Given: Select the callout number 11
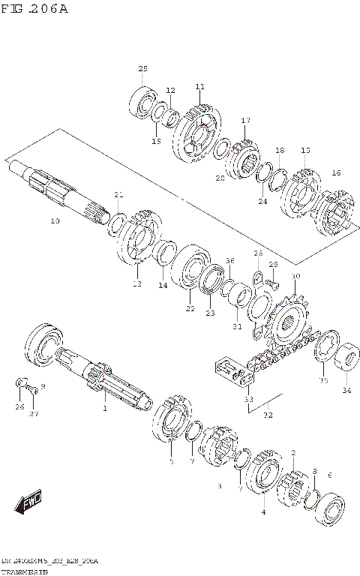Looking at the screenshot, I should [x=199, y=87].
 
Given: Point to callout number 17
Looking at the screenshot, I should [x=245, y=121].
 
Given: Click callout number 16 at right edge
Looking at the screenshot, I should [x=335, y=173].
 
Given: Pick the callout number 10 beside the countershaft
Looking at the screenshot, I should [x=55, y=221].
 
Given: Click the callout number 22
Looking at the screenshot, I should [x=190, y=308].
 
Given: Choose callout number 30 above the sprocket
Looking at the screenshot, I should [x=295, y=277].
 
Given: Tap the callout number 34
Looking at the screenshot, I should [x=346, y=390].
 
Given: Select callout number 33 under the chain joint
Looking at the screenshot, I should [x=248, y=400].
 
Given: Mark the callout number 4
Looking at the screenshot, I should [x=262, y=512].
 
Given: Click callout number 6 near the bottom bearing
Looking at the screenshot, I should [x=330, y=475].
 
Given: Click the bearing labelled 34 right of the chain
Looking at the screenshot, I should [x=348, y=358].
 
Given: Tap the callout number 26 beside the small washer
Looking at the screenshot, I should [x=19, y=407].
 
